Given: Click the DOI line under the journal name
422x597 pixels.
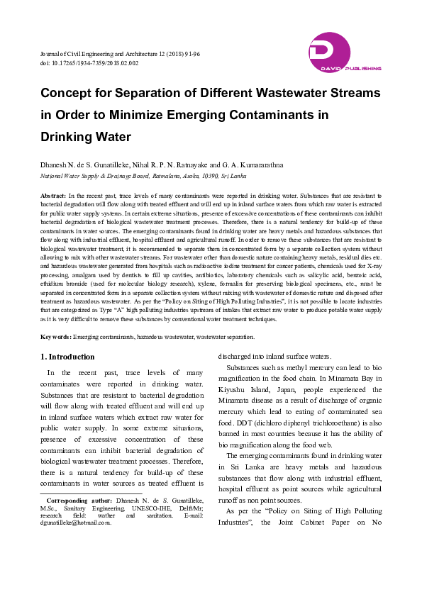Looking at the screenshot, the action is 89,63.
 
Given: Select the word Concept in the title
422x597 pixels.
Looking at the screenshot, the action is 70,93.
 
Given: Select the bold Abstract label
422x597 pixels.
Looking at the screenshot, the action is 53,194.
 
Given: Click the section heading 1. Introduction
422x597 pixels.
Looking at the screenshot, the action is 67,357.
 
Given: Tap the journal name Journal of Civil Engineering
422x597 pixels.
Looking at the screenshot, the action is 82,54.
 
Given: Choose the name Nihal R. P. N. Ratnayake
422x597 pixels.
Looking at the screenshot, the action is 187,165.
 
